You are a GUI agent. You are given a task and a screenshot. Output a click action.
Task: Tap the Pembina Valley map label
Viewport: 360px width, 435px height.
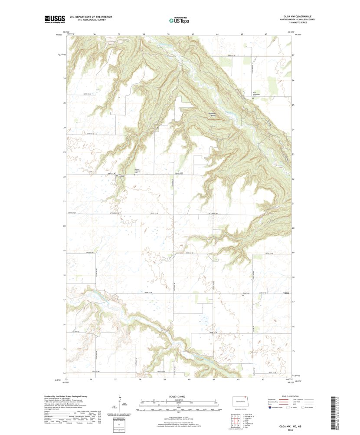coord(213,115)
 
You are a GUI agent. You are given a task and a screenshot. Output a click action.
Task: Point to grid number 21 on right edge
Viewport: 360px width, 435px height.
coord(293,204)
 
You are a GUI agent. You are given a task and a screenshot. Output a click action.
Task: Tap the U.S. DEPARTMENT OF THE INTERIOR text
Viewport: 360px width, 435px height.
coord(91,16)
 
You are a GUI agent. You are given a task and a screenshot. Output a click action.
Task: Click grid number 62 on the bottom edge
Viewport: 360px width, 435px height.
coord(239,379)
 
